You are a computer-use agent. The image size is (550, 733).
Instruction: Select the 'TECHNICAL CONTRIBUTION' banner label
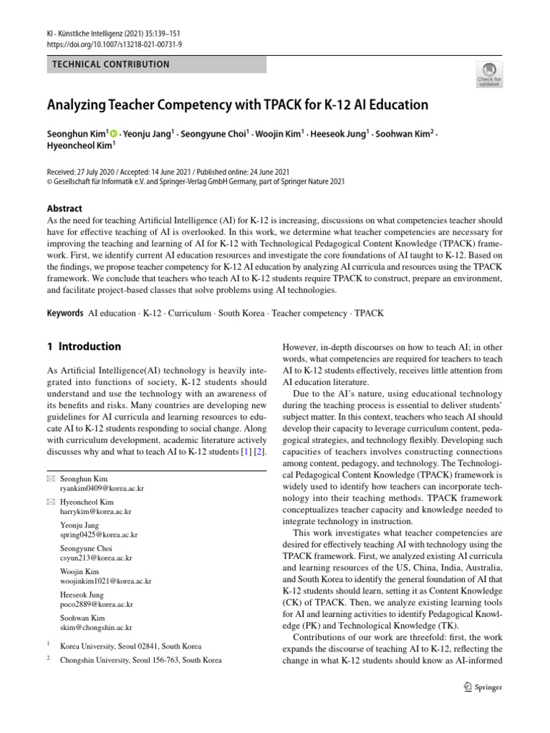click(x=111, y=64)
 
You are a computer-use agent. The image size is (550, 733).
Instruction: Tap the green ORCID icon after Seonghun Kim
click(x=113, y=134)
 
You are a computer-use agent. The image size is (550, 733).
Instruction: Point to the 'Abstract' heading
click(x=67, y=209)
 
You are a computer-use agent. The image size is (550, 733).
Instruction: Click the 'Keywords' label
click(x=64, y=313)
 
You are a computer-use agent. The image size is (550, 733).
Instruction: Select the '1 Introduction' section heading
click(x=84, y=346)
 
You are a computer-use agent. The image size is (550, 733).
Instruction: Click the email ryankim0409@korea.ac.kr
click(x=102, y=488)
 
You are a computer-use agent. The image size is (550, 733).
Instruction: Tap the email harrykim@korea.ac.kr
click(x=96, y=512)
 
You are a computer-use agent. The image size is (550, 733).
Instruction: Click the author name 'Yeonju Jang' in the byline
click(x=146, y=134)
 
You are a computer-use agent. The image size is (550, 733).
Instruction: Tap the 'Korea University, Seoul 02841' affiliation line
click(x=130, y=646)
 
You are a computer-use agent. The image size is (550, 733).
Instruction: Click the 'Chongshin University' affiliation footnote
click(x=140, y=660)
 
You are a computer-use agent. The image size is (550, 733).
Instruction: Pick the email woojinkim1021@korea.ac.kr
click(x=106, y=581)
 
